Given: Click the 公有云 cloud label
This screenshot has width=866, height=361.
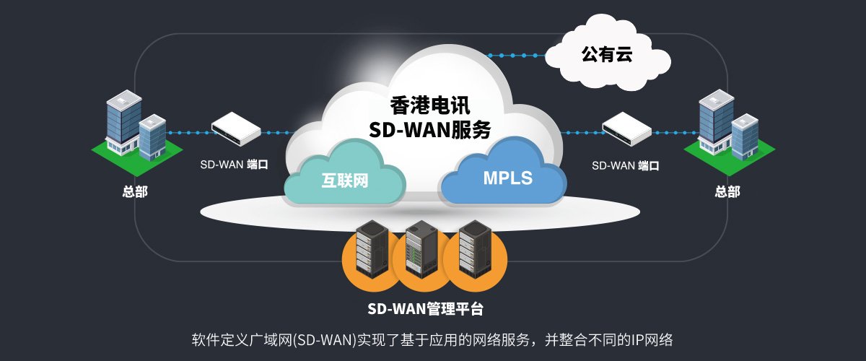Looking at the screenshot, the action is [x=607, y=54].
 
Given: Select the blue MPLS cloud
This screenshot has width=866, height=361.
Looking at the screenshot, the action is [x=504, y=171].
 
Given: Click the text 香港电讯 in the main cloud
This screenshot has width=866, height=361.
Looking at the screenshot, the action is [x=430, y=105].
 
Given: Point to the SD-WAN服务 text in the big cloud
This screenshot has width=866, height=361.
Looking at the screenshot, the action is [x=430, y=130].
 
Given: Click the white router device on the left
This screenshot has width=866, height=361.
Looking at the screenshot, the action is [x=236, y=129].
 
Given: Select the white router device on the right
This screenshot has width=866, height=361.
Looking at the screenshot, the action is [x=626, y=129].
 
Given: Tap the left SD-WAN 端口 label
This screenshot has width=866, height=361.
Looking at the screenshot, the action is [x=234, y=165].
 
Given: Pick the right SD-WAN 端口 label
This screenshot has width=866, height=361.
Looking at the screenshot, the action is [x=625, y=165].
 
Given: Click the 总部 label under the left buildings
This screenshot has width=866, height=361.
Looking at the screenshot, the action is [x=135, y=191].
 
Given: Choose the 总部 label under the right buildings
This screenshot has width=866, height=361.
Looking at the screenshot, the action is [x=727, y=191].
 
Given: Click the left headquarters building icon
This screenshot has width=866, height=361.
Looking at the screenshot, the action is [x=136, y=128].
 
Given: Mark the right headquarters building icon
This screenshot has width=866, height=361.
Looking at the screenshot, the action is [x=729, y=128].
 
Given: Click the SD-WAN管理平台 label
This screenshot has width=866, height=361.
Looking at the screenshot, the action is [x=425, y=309].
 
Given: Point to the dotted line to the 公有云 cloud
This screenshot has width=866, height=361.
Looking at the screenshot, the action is [x=517, y=56].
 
